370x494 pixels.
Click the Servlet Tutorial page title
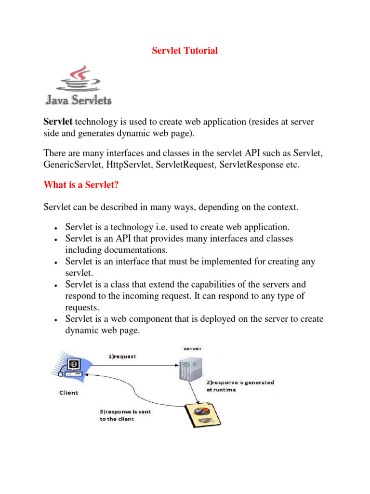click(x=185, y=51)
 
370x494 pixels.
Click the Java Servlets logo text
click(x=79, y=100)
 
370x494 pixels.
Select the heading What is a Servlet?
click(x=81, y=185)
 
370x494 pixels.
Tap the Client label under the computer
click(x=68, y=393)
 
